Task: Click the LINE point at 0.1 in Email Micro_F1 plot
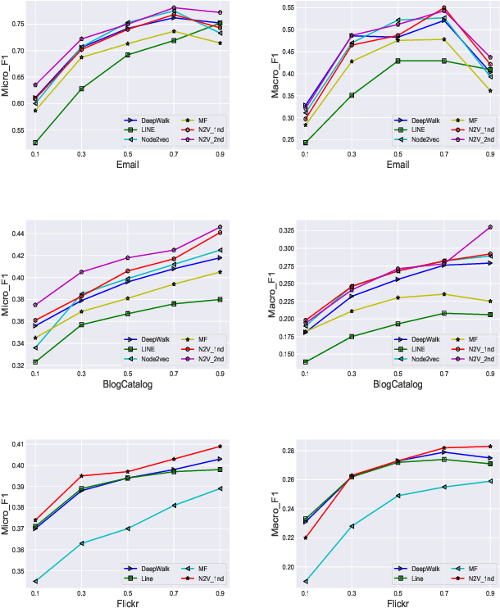pos(35,143)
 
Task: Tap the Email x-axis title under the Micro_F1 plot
pos(127,163)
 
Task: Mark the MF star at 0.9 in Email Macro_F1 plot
pos(490,91)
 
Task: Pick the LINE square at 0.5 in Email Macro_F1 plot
pos(398,61)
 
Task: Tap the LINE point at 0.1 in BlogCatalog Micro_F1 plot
pos(35,361)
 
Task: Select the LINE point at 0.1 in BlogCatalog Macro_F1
pos(306,361)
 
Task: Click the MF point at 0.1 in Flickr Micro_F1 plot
pos(35,581)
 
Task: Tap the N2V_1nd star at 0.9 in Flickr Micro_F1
pos(220,447)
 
